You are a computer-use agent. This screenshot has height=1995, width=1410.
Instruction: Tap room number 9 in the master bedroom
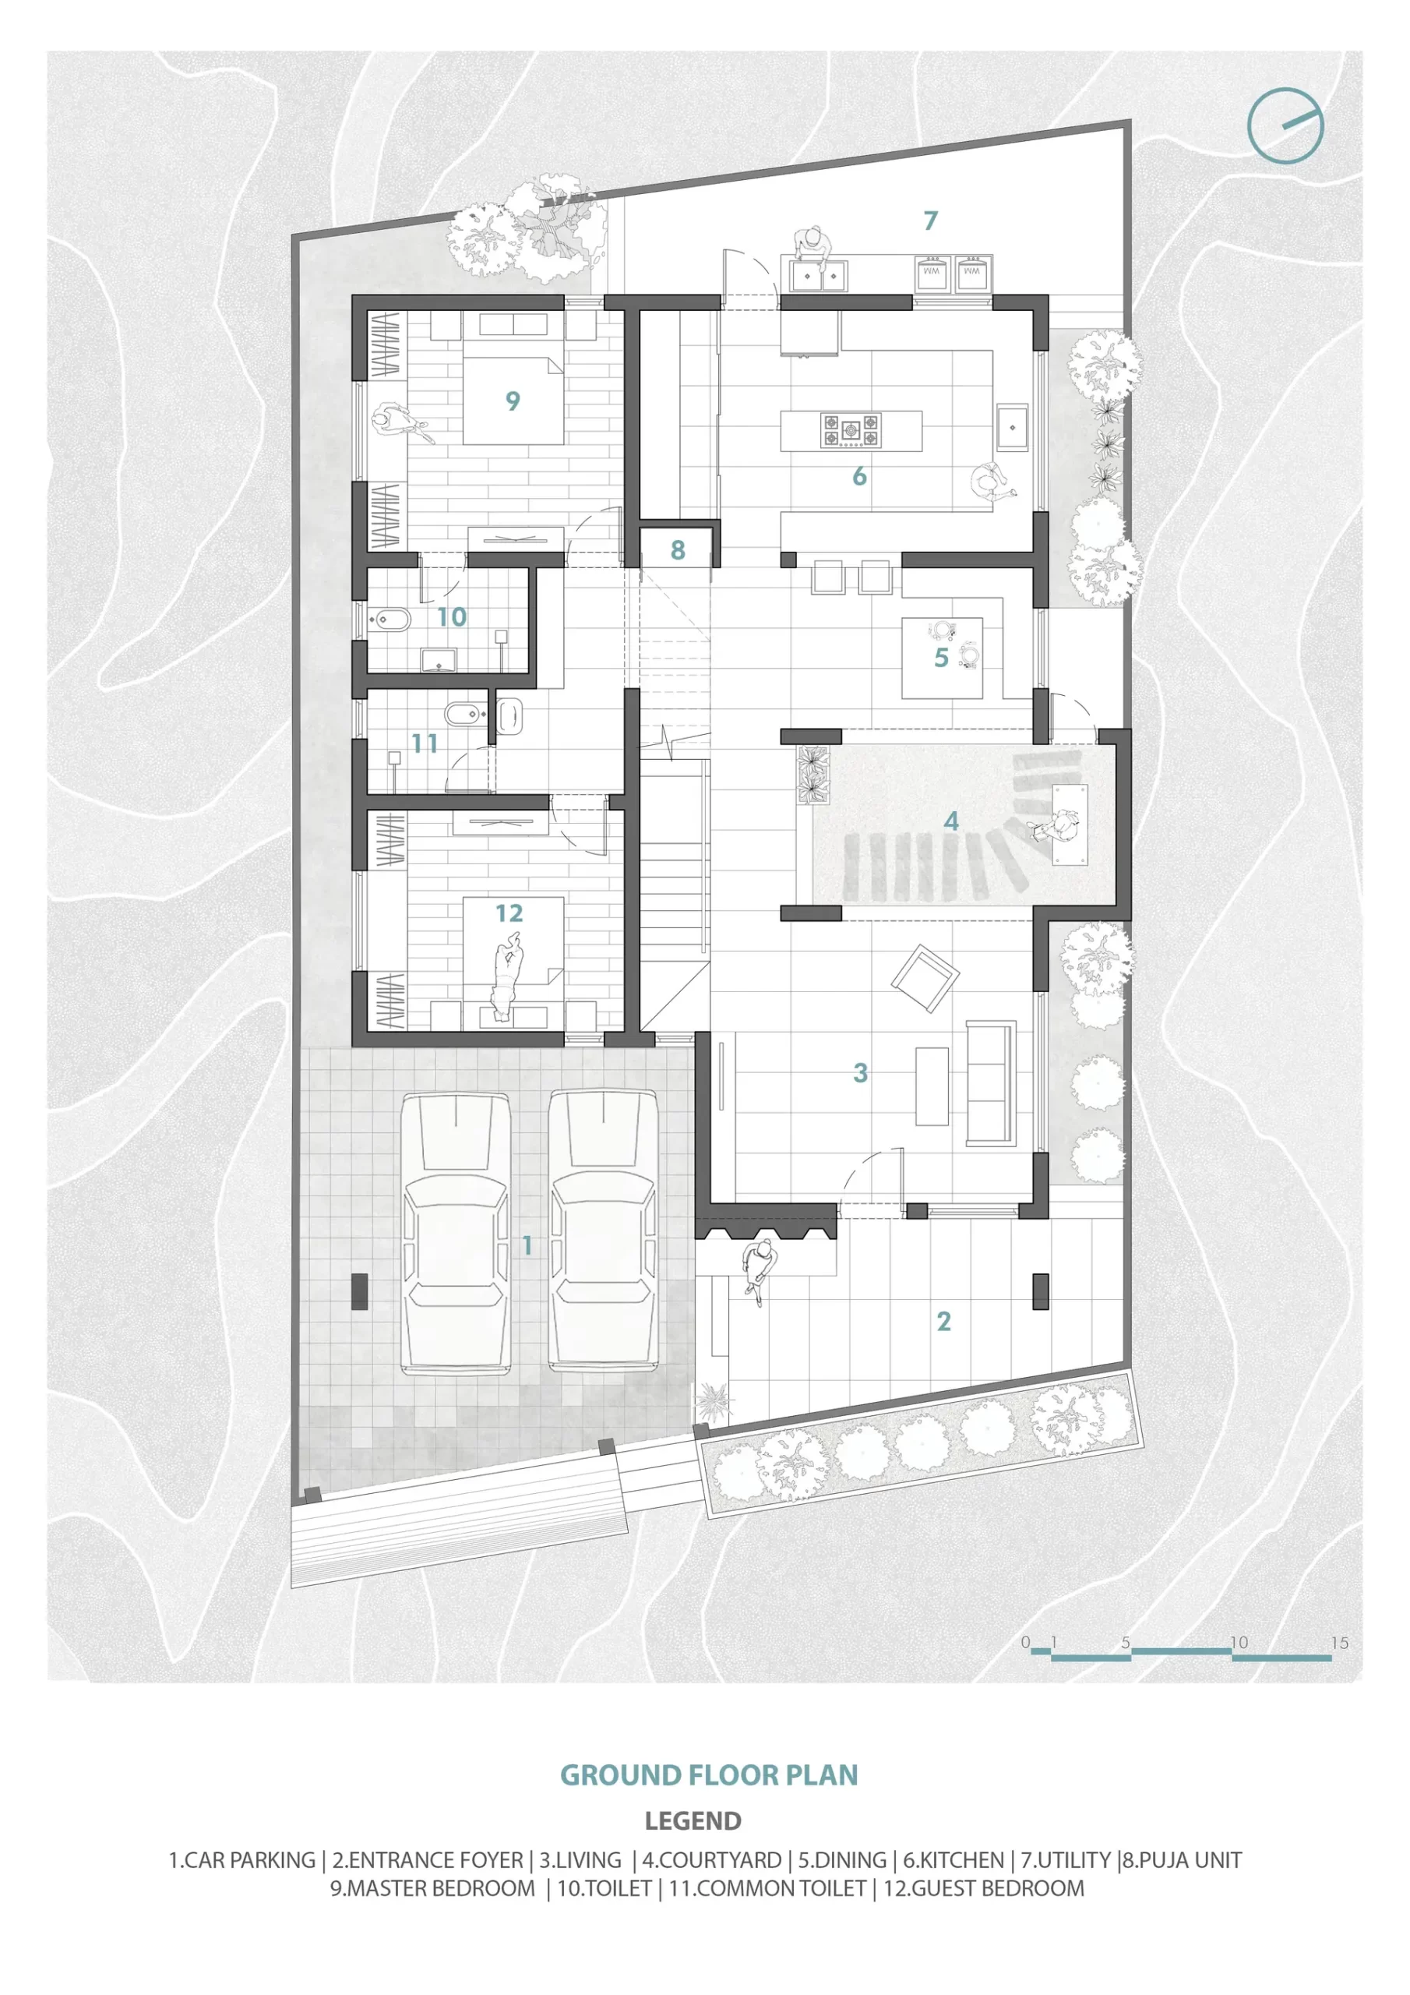pos(513,401)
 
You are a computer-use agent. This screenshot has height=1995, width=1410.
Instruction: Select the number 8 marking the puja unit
pos(678,549)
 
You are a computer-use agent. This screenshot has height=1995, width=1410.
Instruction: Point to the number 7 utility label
pos(930,221)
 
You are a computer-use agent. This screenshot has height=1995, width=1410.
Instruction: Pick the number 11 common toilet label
pos(424,743)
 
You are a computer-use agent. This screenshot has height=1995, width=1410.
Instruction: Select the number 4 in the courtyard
pos(951,821)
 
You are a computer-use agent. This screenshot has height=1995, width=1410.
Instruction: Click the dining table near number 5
pos(942,657)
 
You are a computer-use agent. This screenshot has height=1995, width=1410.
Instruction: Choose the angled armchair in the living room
pos(925,980)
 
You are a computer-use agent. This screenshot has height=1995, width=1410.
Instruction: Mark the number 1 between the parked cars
pos(527,1245)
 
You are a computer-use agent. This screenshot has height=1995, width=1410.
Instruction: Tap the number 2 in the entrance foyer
pos(944,1321)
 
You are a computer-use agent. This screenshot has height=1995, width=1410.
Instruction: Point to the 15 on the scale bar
pos(1339,1642)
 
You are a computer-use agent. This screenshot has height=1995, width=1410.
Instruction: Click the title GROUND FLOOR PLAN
pos(709,1774)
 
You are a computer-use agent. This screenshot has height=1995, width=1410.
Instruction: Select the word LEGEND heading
pos(693,1820)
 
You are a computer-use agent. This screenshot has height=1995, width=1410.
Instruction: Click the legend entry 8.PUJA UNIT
pos(1183,1859)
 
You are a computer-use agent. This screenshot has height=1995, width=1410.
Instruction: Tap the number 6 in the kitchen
pos(859,476)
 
